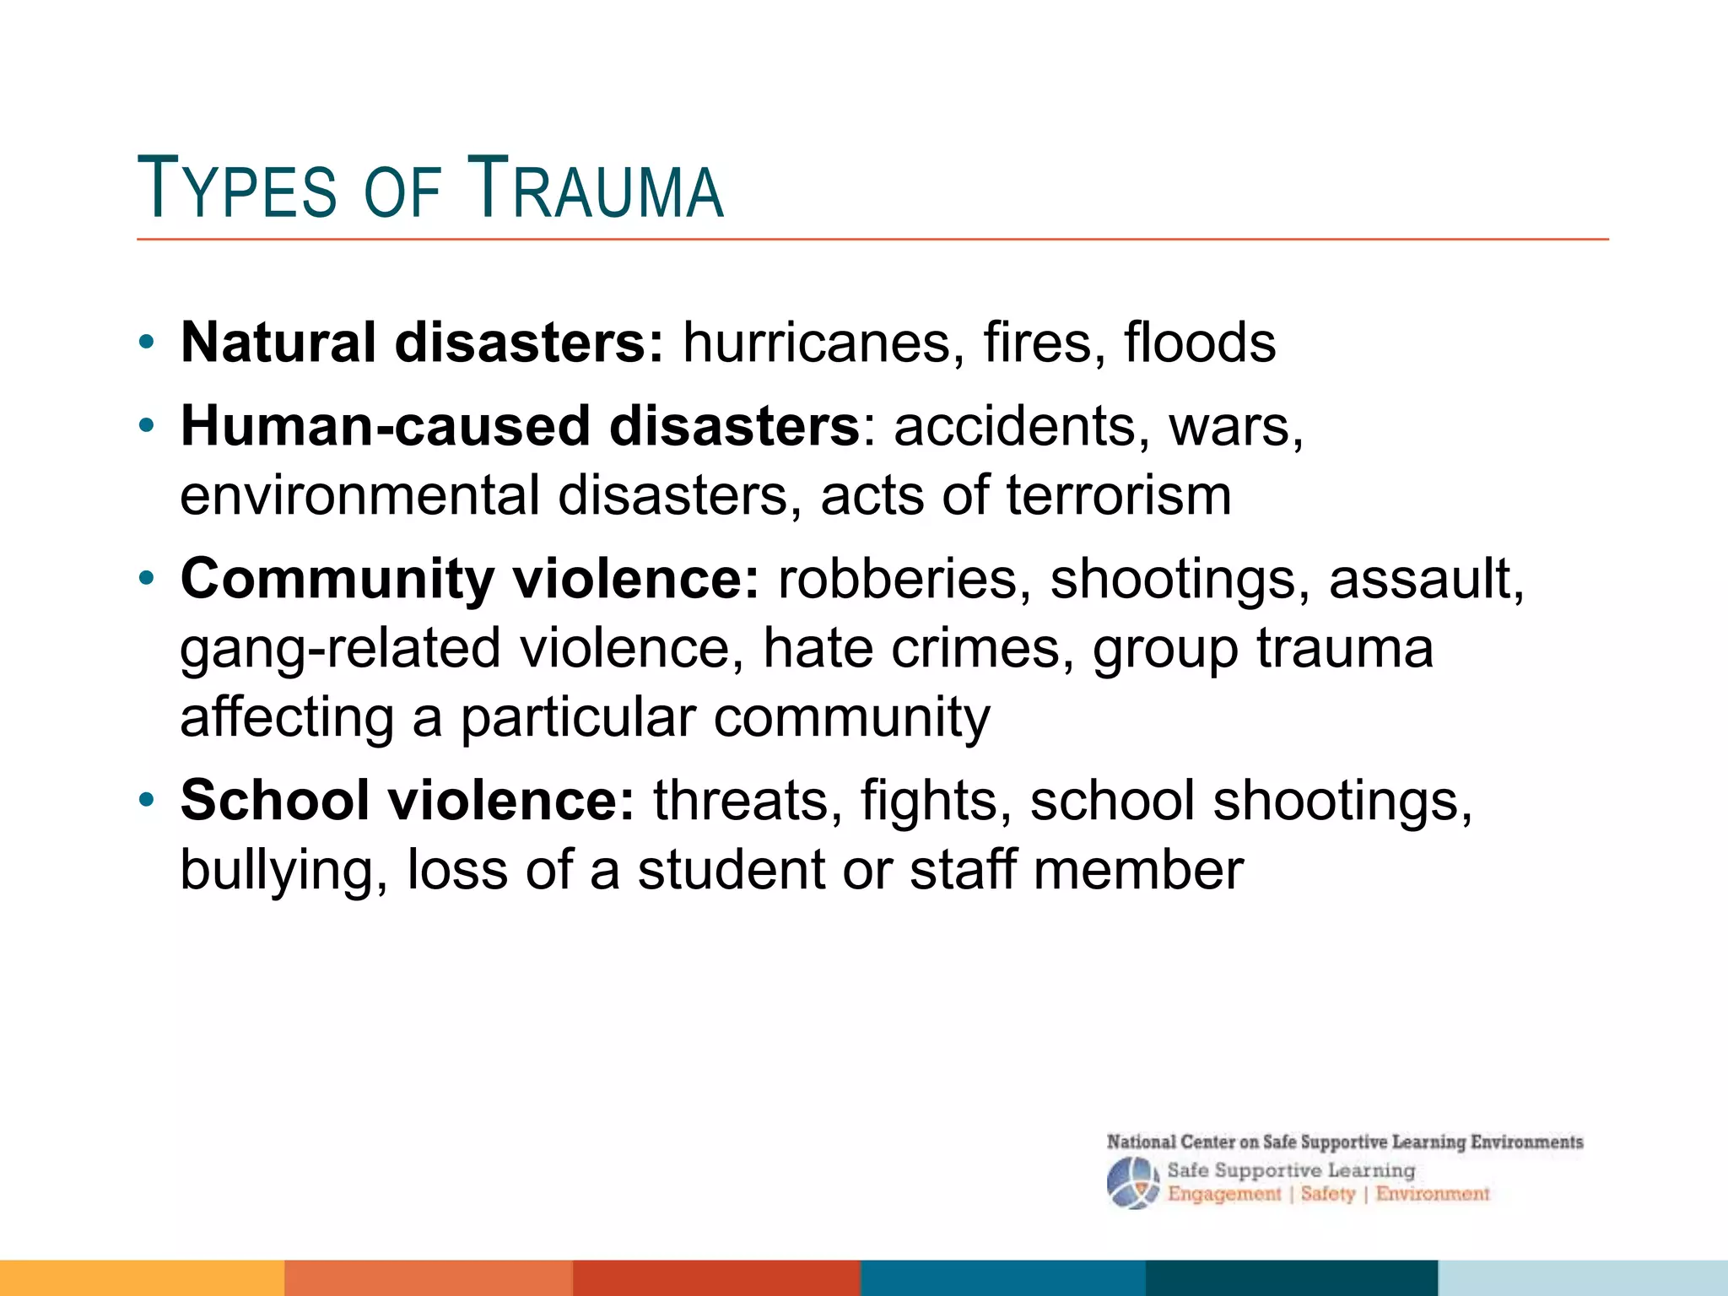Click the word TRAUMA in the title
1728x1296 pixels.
click(595, 188)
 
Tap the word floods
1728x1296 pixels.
click(1199, 343)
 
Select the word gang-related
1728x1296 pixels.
click(340, 650)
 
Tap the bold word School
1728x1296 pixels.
click(275, 800)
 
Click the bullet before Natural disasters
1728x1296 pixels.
click(147, 343)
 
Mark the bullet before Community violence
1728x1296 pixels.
click(147, 579)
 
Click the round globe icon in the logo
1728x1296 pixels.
click(1132, 1183)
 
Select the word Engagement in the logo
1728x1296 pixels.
click(1223, 1194)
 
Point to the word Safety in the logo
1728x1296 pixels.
click(1327, 1194)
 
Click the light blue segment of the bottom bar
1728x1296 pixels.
click(1582, 1277)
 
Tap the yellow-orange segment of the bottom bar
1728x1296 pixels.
click(142, 1277)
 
